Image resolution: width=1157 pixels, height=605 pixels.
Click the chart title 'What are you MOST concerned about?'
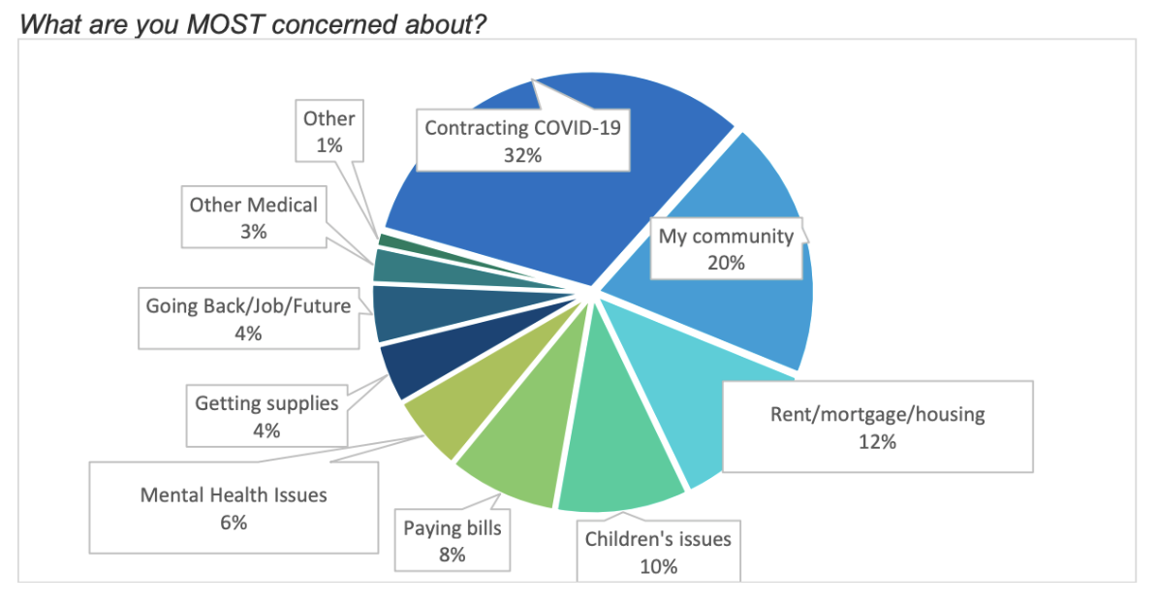(x=253, y=23)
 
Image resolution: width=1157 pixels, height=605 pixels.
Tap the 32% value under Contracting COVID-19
(x=522, y=154)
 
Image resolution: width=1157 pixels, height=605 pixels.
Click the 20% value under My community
(x=726, y=262)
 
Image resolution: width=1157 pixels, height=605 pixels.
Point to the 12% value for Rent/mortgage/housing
(x=877, y=441)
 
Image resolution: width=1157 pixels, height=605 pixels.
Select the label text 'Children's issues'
(x=658, y=539)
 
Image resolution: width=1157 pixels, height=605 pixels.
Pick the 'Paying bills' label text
(x=453, y=529)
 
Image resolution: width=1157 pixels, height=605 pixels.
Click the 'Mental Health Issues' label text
(x=234, y=495)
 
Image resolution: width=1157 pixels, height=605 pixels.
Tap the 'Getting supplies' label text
(x=266, y=403)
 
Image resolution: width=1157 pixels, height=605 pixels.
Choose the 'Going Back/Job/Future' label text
(x=247, y=306)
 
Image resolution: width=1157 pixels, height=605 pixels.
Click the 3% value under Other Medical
(x=253, y=232)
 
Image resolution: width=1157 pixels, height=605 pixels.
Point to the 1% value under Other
(x=329, y=146)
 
